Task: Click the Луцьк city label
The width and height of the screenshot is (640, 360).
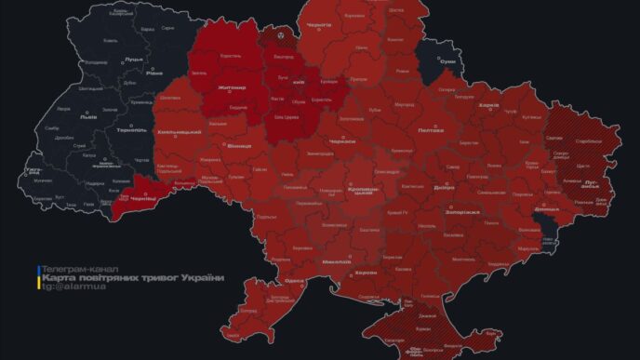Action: tap(107, 58)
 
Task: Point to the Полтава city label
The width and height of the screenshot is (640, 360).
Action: tap(431, 131)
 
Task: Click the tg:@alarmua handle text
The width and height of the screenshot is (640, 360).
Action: tap(71, 288)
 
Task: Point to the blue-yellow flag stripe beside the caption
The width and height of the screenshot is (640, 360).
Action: tap(39, 277)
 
